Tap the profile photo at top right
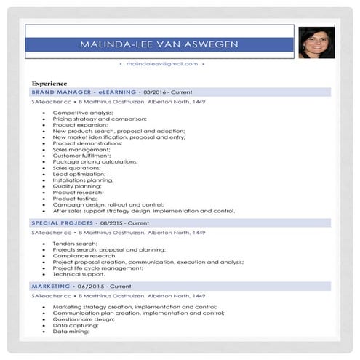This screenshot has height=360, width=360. coord(316,42)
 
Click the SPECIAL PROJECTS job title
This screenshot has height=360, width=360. coord(63,223)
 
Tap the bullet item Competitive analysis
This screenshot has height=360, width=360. coord(83,113)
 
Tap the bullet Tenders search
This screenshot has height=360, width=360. coord(75,244)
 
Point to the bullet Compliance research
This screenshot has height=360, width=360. coord(84,256)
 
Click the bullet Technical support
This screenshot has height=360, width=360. coord(78,274)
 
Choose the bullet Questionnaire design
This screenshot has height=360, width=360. coord(84,319)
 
